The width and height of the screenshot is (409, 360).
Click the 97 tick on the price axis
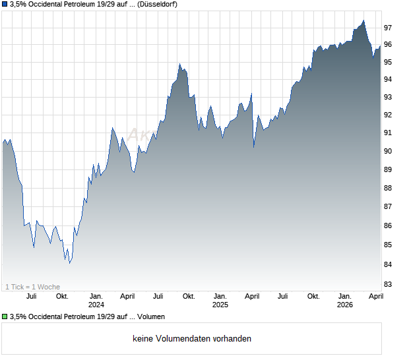pyautogui.click(x=389, y=28)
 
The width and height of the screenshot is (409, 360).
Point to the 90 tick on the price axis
pyautogui.click(x=389, y=151)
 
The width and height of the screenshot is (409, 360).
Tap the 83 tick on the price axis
pyautogui.click(x=389, y=284)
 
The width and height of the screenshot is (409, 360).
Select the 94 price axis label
pyautogui.click(x=389, y=79)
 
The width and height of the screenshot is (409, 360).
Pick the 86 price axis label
pyautogui.click(x=389, y=226)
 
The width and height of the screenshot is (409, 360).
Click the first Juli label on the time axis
pyautogui.click(x=31, y=296)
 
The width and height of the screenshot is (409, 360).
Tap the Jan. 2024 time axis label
pyautogui.click(x=96, y=300)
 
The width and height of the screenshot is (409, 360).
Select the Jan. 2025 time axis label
pyautogui.click(x=220, y=300)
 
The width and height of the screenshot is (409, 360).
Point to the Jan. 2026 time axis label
pyautogui.click(x=344, y=300)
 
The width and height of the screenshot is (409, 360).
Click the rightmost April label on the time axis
pyautogui.click(x=375, y=296)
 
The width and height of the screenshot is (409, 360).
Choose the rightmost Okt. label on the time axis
pyautogui.click(x=313, y=296)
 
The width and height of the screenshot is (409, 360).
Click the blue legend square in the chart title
pyautogui.click(x=5, y=5)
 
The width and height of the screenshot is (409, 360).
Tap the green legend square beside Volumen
pyautogui.click(x=5, y=317)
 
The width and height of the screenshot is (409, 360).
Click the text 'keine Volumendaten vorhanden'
pyautogui.click(x=192, y=339)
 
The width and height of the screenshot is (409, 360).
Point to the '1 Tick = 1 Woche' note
pyautogui.click(x=32, y=287)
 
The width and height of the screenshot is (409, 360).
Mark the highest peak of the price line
pyautogui.click(x=363, y=20)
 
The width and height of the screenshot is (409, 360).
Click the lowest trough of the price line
pyautogui.click(x=69, y=262)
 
